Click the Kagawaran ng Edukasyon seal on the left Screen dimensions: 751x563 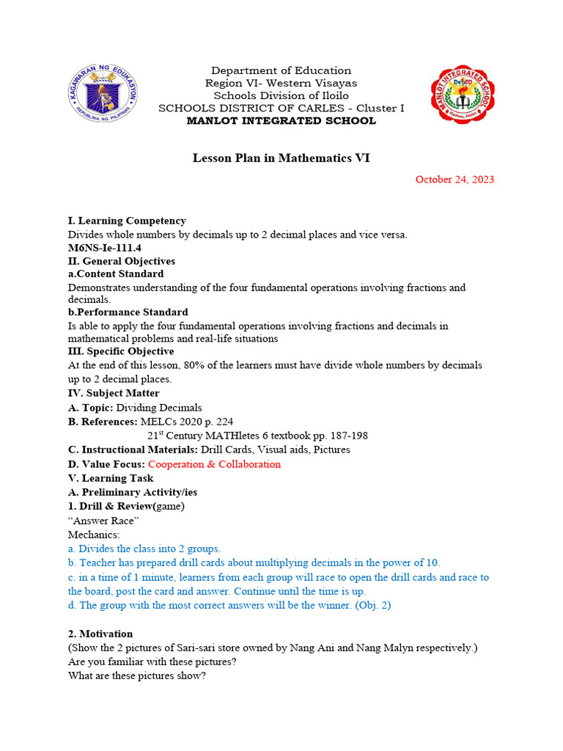(x=103, y=94)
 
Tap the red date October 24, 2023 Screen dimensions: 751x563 (x=455, y=180)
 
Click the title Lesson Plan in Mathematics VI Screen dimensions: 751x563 (x=281, y=158)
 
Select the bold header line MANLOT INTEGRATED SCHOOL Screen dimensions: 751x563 (x=281, y=121)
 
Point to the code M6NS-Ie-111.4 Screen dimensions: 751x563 (x=105, y=248)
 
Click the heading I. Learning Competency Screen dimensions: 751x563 (x=127, y=221)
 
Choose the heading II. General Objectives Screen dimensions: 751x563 (x=121, y=261)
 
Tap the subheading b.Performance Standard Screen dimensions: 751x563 (x=128, y=312)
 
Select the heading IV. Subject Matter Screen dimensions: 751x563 (x=114, y=393)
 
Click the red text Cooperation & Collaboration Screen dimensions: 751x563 (x=214, y=464)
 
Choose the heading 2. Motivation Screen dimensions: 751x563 (x=100, y=634)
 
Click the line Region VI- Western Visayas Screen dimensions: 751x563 (x=281, y=84)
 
